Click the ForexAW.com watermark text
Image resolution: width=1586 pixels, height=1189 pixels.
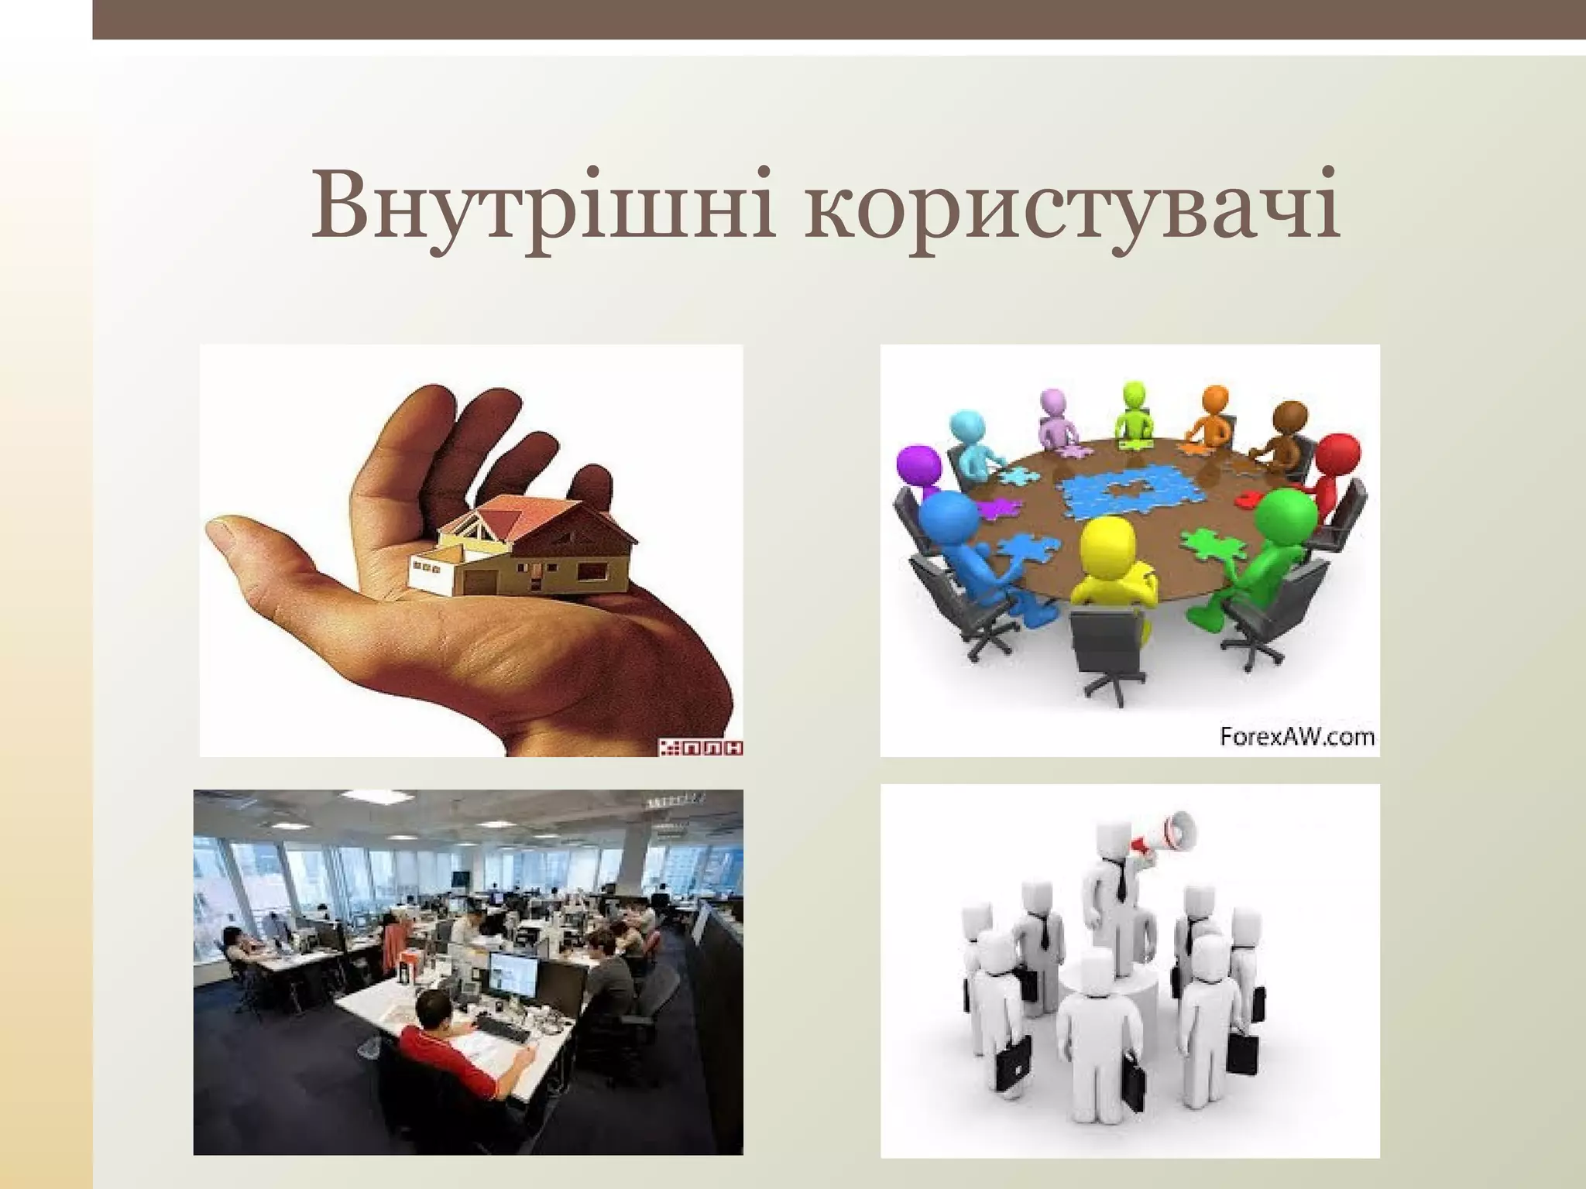(1297, 736)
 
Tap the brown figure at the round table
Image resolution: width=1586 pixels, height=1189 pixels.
(1289, 433)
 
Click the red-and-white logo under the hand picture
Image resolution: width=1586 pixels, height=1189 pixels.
(701, 747)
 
